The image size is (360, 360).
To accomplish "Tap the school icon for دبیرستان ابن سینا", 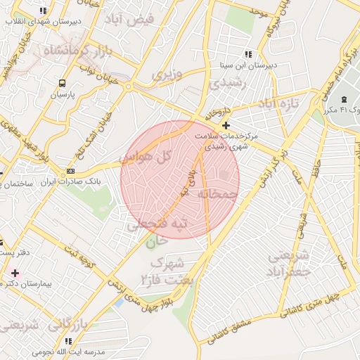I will pyautogui.click(x=247, y=53).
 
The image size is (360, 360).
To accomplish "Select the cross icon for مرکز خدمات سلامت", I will pyautogui.click(x=226, y=125).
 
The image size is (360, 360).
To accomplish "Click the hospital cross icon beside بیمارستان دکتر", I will pyautogui.click(x=15, y=272).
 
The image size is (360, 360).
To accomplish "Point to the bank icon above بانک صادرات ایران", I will pyautogui.click(x=70, y=171).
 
